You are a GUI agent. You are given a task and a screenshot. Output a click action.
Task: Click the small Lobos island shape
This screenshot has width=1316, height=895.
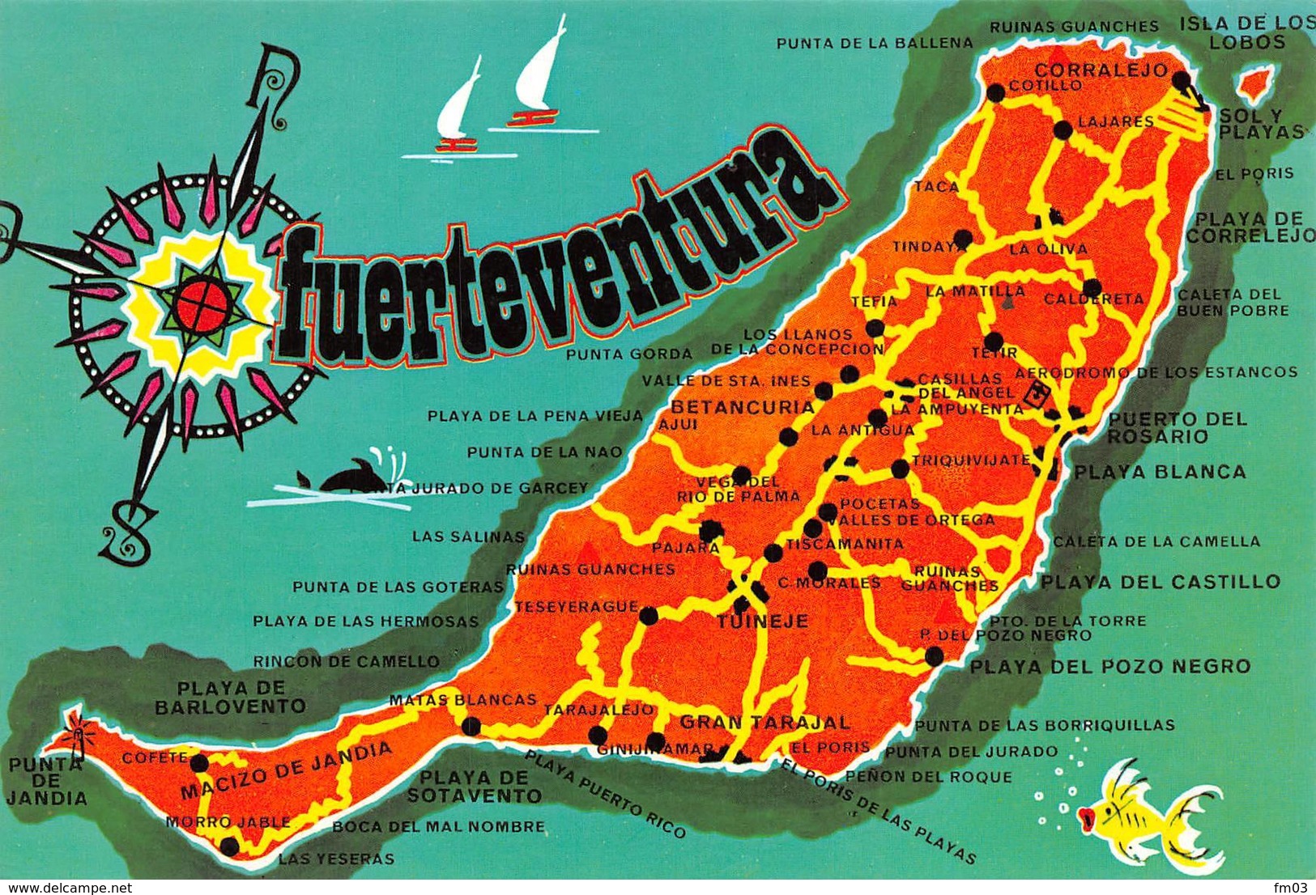point(1254,81)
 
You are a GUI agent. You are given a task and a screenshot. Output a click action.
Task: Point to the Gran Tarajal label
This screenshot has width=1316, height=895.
point(764,722)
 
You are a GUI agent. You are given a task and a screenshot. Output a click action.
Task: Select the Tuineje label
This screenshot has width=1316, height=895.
point(763,621)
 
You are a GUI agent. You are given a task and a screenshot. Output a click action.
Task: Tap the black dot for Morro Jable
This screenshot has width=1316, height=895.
point(230,846)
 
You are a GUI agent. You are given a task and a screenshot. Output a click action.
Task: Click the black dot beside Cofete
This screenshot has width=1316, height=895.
point(199,761)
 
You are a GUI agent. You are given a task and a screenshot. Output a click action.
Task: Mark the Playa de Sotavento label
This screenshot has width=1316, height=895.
point(474,786)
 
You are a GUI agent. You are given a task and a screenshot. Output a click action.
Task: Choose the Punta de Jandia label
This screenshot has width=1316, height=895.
point(46,781)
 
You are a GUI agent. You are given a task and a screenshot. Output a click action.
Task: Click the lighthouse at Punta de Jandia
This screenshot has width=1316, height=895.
point(79,731)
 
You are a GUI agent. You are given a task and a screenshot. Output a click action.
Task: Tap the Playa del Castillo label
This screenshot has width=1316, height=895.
point(1160,581)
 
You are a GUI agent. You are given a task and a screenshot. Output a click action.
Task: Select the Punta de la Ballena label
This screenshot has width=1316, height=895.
point(874,43)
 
